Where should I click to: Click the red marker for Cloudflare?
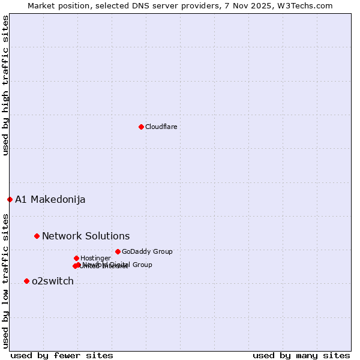point(141,127)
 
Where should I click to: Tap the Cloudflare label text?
point(161,127)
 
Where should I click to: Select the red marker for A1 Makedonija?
point(10,199)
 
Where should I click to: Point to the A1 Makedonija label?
point(50,200)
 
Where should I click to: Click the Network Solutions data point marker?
point(37,236)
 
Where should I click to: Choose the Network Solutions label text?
point(86,236)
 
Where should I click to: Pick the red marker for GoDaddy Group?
point(118,251)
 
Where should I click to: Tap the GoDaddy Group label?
point(147,251)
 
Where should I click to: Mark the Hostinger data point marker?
point(76,258)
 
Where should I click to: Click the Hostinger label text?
point(95,258)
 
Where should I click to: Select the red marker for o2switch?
point(26,281)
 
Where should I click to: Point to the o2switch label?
point(53,281)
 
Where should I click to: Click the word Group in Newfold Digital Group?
point(142,265)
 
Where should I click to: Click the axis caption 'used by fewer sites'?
point(62,355)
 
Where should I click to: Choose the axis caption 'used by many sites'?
point(301,355)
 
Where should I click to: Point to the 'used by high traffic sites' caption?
point(5,86)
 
